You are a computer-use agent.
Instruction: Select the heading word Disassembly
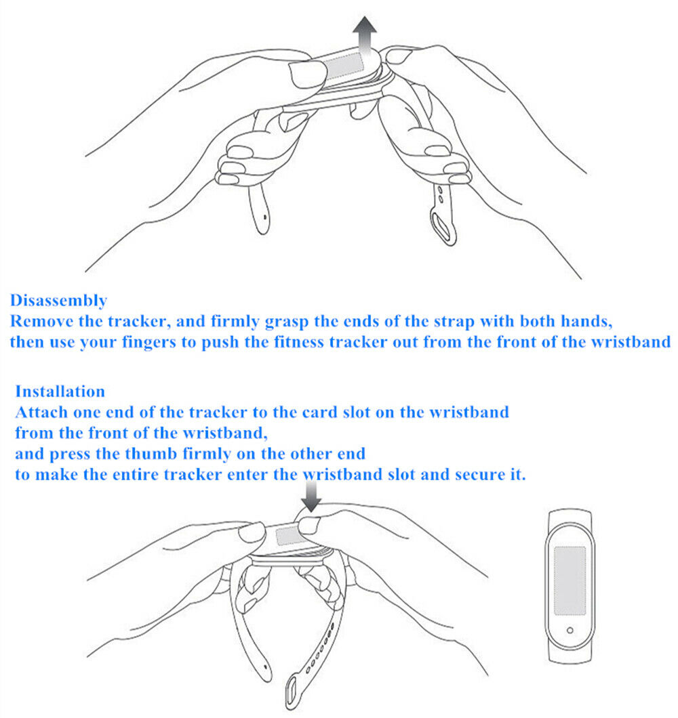point(58,300)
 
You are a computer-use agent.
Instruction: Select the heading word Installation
point(60,391)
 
